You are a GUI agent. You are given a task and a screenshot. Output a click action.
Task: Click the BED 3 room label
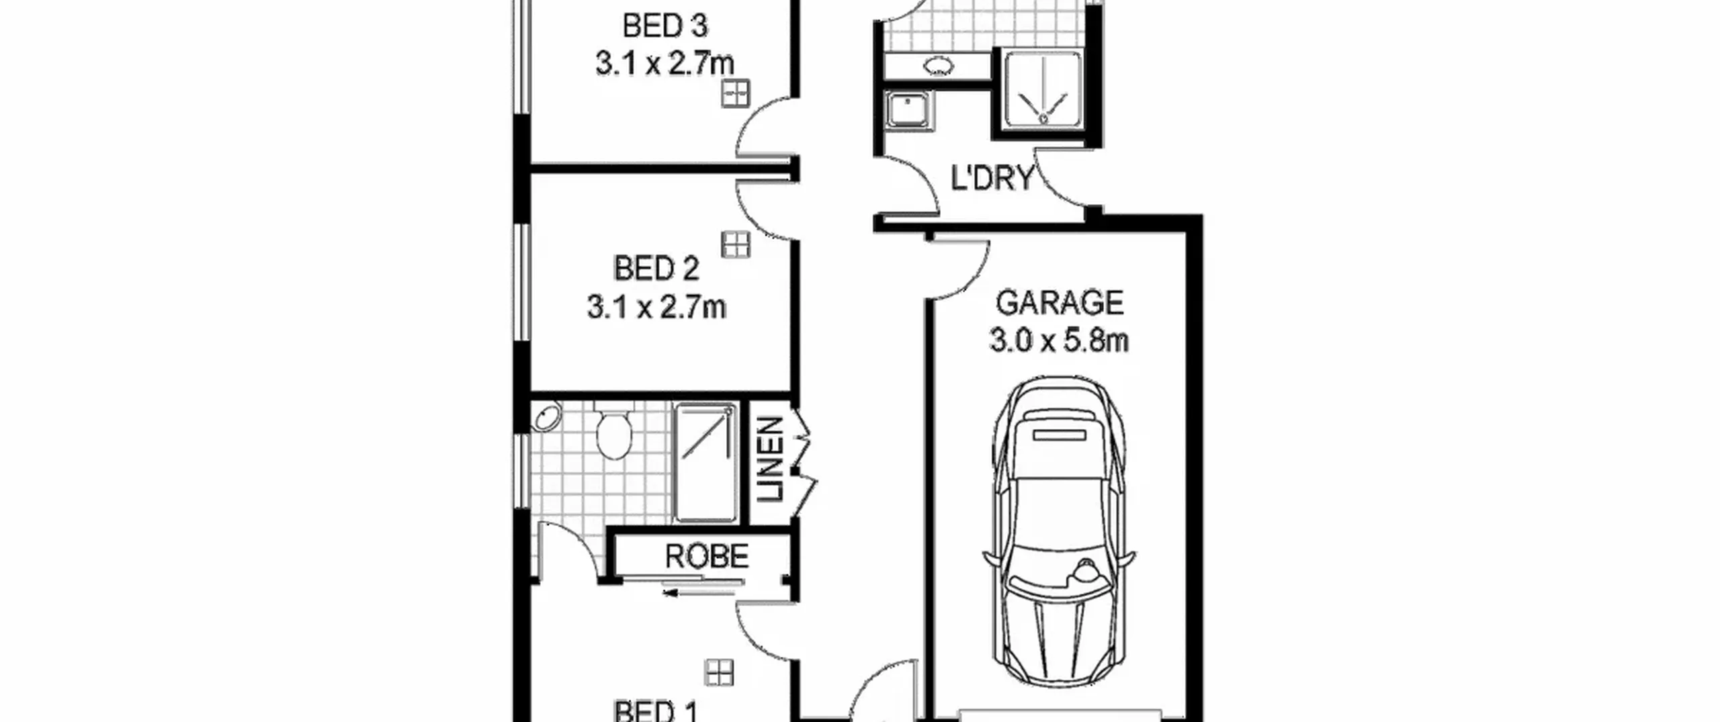[665, 26]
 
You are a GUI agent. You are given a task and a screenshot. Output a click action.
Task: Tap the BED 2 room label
[656, 269]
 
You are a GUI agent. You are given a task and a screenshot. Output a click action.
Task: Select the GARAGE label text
[1060, 303]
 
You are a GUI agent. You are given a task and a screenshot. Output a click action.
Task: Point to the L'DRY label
[992, 179]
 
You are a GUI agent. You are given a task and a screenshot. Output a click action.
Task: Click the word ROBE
[707, 556]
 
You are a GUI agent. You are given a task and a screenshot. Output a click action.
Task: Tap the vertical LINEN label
[771, 459]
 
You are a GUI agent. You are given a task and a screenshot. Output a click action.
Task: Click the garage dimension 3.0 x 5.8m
[1059, 341]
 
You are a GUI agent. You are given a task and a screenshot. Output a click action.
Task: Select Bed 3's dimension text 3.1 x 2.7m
[664, 64]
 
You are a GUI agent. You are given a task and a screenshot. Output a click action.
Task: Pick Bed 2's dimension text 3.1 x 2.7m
[656, 308]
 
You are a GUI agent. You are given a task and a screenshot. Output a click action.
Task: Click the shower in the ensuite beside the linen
[705, 462]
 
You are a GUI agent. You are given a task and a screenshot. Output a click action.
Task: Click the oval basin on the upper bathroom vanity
[939, 66]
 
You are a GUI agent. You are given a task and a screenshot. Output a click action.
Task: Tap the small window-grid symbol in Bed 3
[736, 93]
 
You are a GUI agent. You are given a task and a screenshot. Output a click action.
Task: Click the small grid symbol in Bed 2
[736, 244]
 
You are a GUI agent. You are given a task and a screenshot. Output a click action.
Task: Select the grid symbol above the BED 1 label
[719, 672]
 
